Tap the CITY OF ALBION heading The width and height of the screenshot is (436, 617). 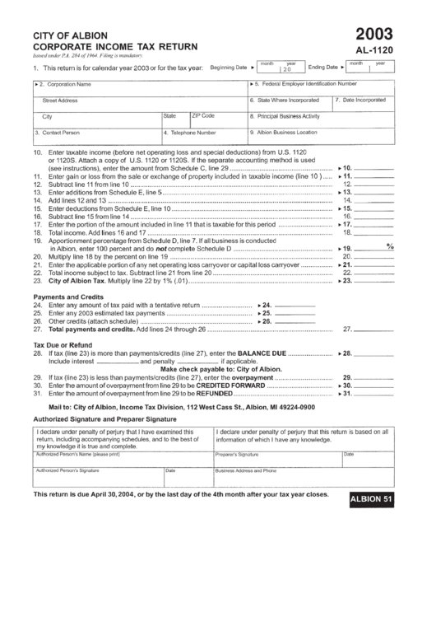tap(66, 36)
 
